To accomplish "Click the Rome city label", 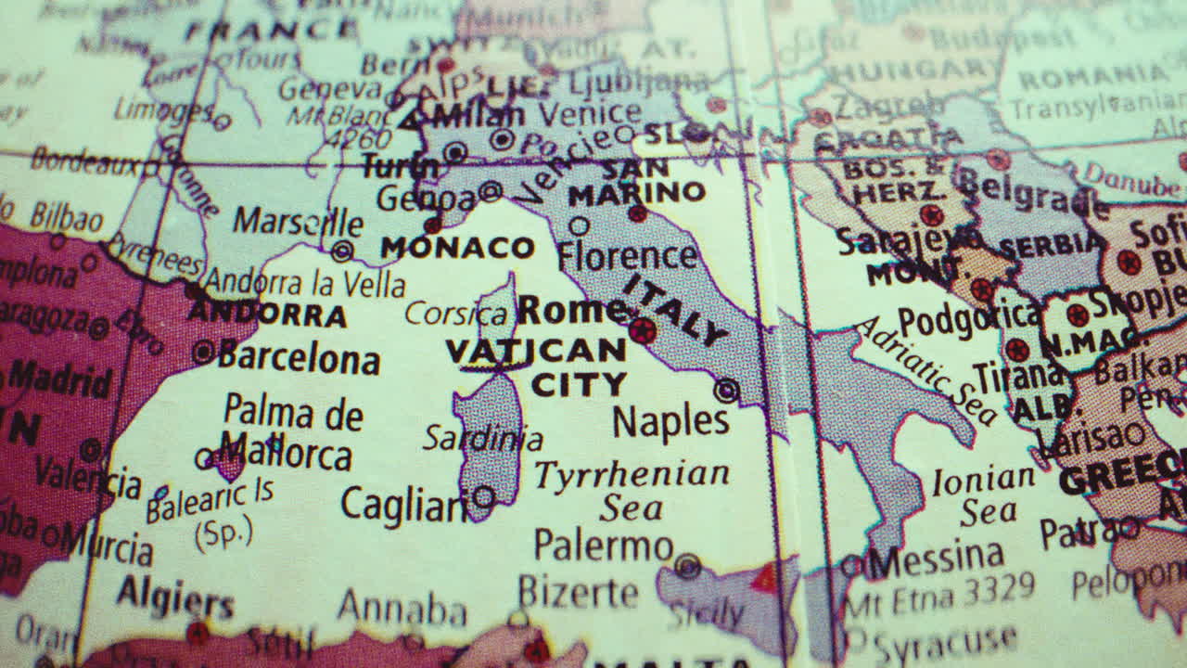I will point(570,310).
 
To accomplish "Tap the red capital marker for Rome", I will point(642,330).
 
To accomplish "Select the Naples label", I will point(670,421).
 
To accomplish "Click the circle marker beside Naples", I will point(726,391).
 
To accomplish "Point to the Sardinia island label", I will point(482,438).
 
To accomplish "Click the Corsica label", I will point(455,314).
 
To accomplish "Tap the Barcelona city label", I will point(299,358).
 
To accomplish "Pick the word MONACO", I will point(457,248).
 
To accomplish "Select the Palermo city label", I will point(603,546).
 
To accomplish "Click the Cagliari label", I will point(405,506).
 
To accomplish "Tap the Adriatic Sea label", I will point(924,368).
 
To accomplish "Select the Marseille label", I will point(297,223).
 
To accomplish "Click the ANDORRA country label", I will point(267,314).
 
